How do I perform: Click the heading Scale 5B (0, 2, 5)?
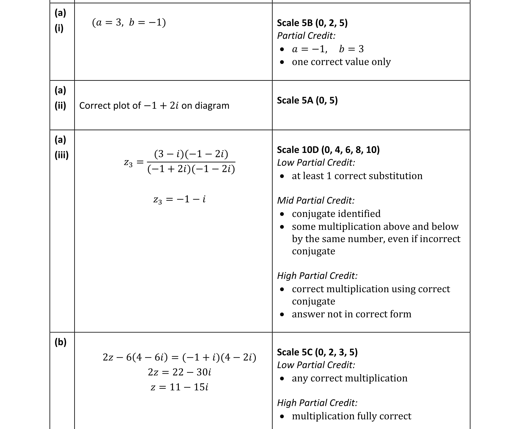pos(312,23)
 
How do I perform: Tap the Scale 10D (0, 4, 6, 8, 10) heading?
pos(328,150)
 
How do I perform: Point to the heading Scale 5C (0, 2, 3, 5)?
pos(317,352)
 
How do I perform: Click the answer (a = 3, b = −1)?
pos(129,22)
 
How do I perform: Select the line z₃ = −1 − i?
pos(180,199)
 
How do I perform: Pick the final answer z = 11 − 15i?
pos(180,387)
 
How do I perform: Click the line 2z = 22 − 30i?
pos(180,372)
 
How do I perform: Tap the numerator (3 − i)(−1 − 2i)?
pos(191,154)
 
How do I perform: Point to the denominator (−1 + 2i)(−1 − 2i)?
pos(191,169)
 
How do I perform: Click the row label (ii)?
pos(60,106)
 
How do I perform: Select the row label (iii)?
pos(61,155)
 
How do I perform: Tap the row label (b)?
pos(60,342)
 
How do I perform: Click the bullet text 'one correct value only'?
pos(341,62)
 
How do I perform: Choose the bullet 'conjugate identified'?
pos(336,214)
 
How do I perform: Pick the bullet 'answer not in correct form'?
pos(351,314)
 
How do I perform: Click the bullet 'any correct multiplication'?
pos(349,378)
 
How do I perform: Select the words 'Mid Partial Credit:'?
pos(316,200)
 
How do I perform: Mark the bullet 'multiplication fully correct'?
pos(351,416)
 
